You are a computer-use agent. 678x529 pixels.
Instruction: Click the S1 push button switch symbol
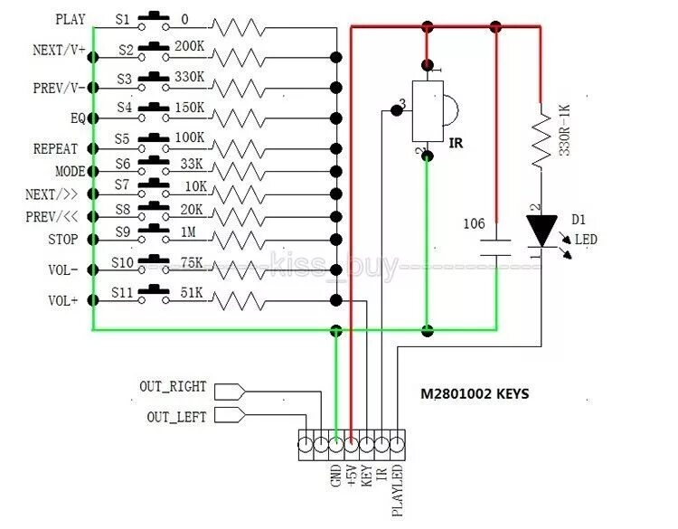[x=154, y=22]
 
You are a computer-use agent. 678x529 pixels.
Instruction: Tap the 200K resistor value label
[x=190, y=46]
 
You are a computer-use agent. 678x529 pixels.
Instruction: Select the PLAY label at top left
[x=71, y=20]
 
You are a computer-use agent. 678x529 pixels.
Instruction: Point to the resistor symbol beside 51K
[x=239, y=300]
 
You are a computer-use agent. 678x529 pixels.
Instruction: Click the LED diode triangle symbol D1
[x=541, y=231]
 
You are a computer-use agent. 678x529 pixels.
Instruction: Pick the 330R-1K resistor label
[x=565, y=129]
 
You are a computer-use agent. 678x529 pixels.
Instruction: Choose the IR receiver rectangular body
[x=428, y=110]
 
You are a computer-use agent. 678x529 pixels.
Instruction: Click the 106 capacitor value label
[x=474, y=223]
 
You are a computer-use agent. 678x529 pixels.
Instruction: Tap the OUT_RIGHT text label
[x=173, y=386]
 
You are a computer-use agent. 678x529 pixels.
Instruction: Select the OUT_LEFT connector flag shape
[x=230, y=415]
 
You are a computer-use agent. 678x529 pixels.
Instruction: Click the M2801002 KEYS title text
[x=475, y=393]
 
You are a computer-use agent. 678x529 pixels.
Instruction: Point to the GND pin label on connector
[x=336, y=476]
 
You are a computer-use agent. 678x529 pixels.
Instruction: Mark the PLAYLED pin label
[x=397, y=490]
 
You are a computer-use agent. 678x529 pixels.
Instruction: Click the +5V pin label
[x=351, y=476]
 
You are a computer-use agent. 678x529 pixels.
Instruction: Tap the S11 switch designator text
[x=122, y=293]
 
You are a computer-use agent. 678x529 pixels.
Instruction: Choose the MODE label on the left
[x=71, y=171]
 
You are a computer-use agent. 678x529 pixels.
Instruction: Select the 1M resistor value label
[x=188, y=232]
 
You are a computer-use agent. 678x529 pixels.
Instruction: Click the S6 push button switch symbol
[x=154, y=165]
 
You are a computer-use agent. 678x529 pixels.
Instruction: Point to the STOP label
[x=63, y=240]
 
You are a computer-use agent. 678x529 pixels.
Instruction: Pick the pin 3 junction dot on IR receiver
[x=396, y=110]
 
